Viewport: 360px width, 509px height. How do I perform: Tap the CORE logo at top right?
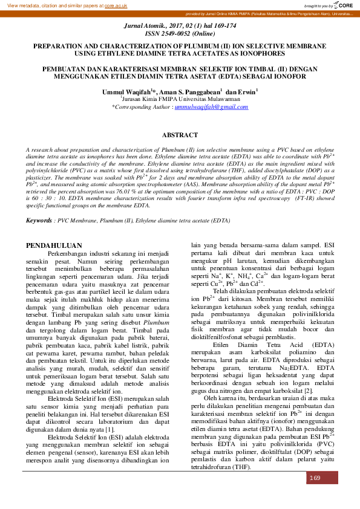tap(344, 5)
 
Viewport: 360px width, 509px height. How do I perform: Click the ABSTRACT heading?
tap(180, 135)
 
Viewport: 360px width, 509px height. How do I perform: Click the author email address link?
tap(203, 106)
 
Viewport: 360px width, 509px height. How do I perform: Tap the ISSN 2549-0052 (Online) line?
tap(180, 34)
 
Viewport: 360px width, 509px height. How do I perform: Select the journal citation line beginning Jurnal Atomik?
tap(180, 28)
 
